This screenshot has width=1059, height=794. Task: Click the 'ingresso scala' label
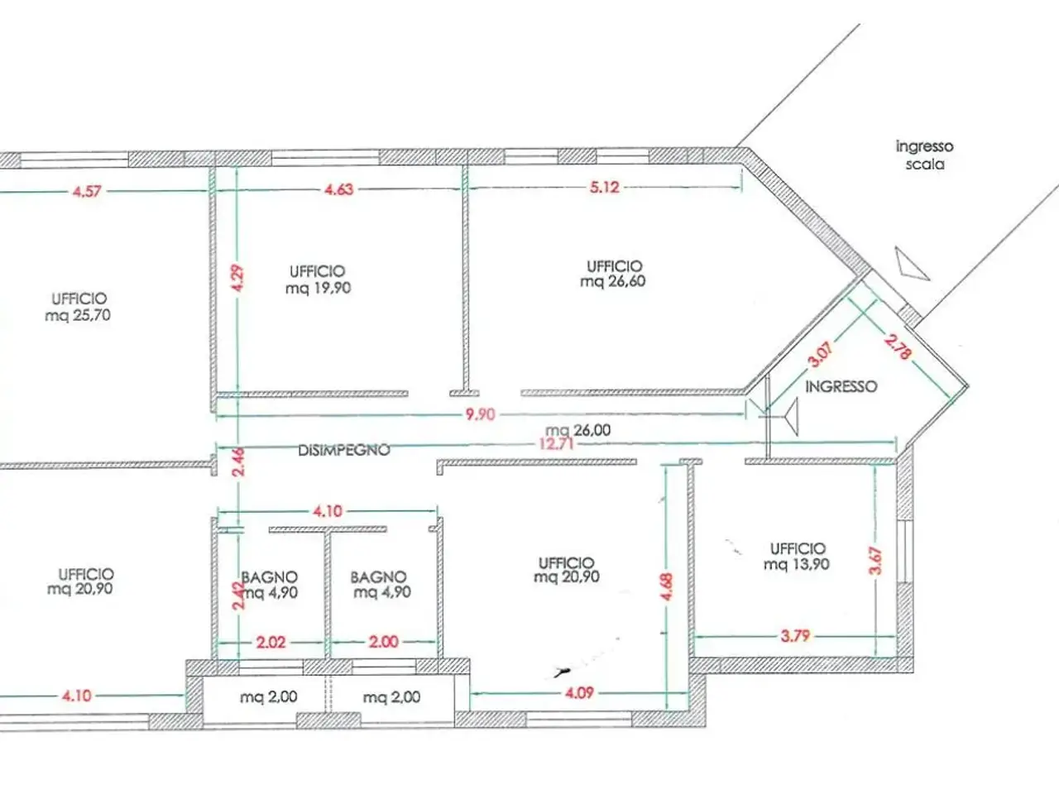pyautogui.click(x=924, y=155)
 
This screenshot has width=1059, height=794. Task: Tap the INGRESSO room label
pyautogui.click(x=841, y=386)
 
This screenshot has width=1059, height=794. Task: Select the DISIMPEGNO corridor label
pyautogui.click(x=344, y=450)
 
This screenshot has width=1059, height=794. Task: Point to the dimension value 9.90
pyautogui.click(x=481, y=414)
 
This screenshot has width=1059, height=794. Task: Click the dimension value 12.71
pyautogui.click(x=556, y=443)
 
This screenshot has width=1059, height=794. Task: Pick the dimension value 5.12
pyautogui.click(x=605, y=187)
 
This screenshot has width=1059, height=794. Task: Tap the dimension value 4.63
pyautogui.click(x=338, y=189)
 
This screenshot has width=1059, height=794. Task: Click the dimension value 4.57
pyautogui.click(x=87, y=192)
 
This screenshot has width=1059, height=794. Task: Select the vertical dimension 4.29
pyautogui.click(x=237, y=279)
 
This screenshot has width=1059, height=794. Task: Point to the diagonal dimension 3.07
pyautogui.click(x=821, y=355)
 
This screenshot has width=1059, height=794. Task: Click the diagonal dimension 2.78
pyautogui.click(x=898, y=347)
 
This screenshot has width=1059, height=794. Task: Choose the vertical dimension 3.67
pyautogui.click(x=875, y=561)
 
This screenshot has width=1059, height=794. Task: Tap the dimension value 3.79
pyautogui.click(x=795, y=636)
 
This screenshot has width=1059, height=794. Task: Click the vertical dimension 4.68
pyautogui.click(x=666, y=586)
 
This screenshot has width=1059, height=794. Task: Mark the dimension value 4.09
pyautogui.click(x=579, y=693)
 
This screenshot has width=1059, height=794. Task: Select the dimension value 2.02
pyautogui.click(x=271, y=642)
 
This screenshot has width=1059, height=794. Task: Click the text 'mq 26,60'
pyautogui.click(x=613, y=281)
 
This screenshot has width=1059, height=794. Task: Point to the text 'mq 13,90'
pyautogui.click(x=797, y=564)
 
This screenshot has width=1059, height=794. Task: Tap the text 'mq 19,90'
pyautogui.click(x=318, y=288)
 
